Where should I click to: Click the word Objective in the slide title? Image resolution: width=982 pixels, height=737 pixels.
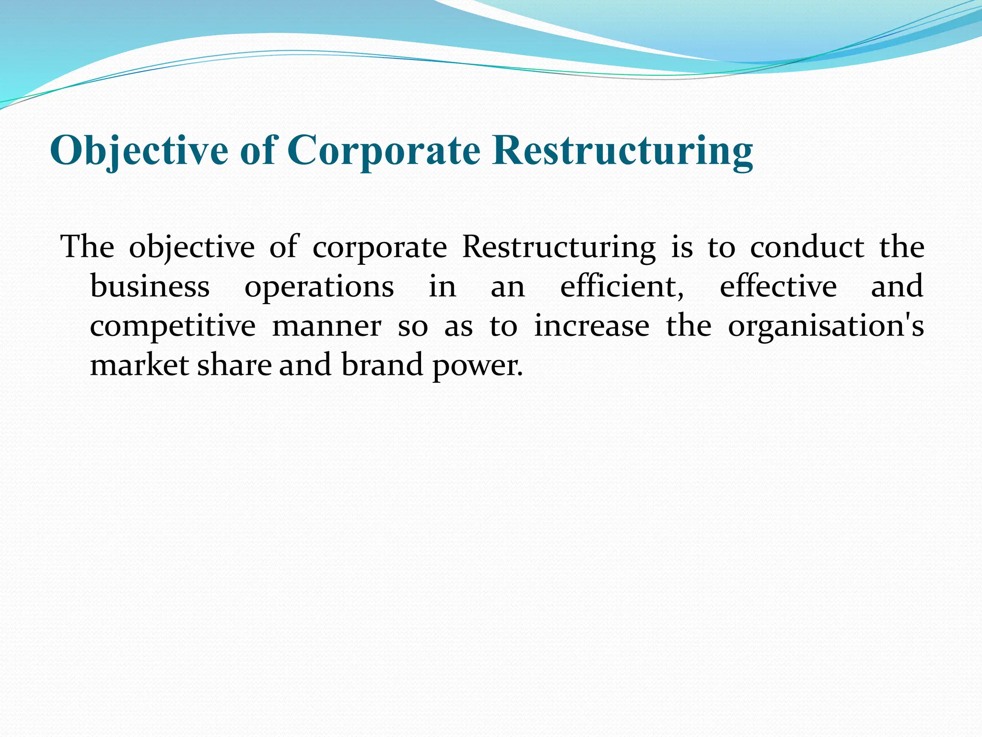(x=139, y=151)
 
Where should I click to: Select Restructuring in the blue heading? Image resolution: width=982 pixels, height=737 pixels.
(x=623, y=151)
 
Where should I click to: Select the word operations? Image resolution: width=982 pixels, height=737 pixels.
(x=319, y=288)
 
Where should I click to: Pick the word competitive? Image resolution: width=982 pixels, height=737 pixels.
(x=173, y=326)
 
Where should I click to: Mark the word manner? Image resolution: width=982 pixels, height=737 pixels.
(x=327, y=326)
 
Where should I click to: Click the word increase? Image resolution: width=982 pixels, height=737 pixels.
(x=592, y=326)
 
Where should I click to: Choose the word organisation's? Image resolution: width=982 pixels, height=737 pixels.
(x=826, y=327)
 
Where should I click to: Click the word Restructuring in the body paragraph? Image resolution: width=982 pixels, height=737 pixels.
(x=559, y=249)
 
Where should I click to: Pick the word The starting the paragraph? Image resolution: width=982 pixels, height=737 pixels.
(x=88, y=248)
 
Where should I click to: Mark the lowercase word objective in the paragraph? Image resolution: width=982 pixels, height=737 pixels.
(x=192, y=249)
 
